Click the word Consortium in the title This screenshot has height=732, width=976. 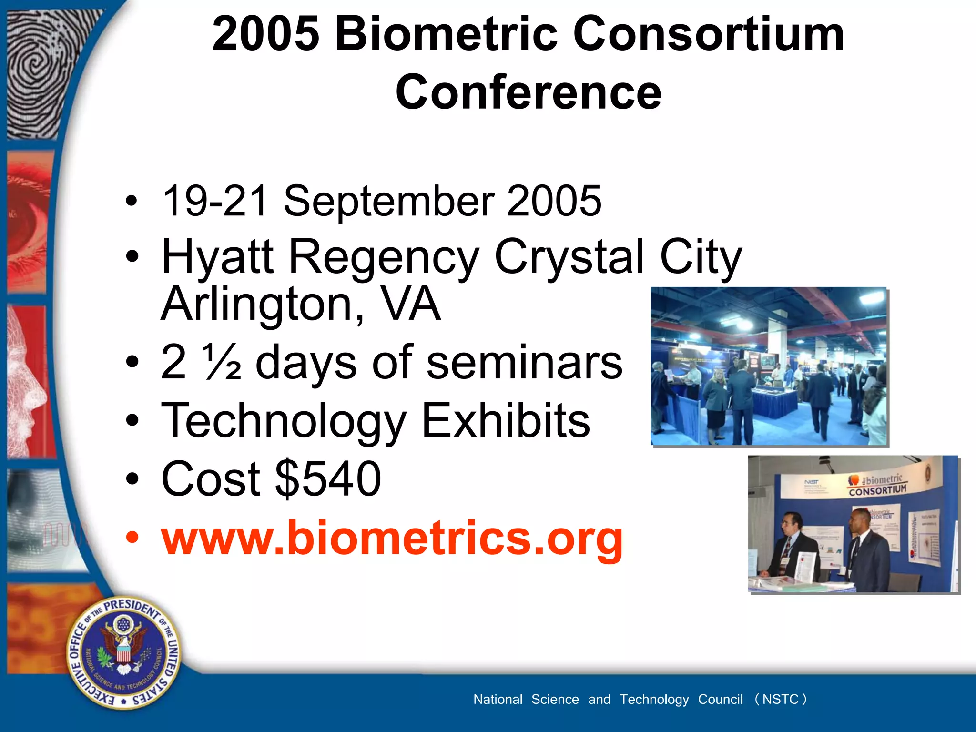coord(709,34)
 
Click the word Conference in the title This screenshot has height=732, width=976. coord(528,92)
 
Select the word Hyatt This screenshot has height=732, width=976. coord(217,257)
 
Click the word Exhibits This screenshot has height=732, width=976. coord(506,421)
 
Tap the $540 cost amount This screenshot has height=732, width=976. coord(328,478)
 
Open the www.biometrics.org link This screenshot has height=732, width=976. coord(392,538)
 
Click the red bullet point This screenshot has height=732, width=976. coord(132,538)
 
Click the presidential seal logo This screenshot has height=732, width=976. coord(123,652)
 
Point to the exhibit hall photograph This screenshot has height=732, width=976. coord(768,366)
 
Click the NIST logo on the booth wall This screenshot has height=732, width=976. coord(811,482)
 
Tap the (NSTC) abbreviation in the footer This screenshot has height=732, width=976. coord(781,699)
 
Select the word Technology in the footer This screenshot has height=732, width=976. coord(654,699)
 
